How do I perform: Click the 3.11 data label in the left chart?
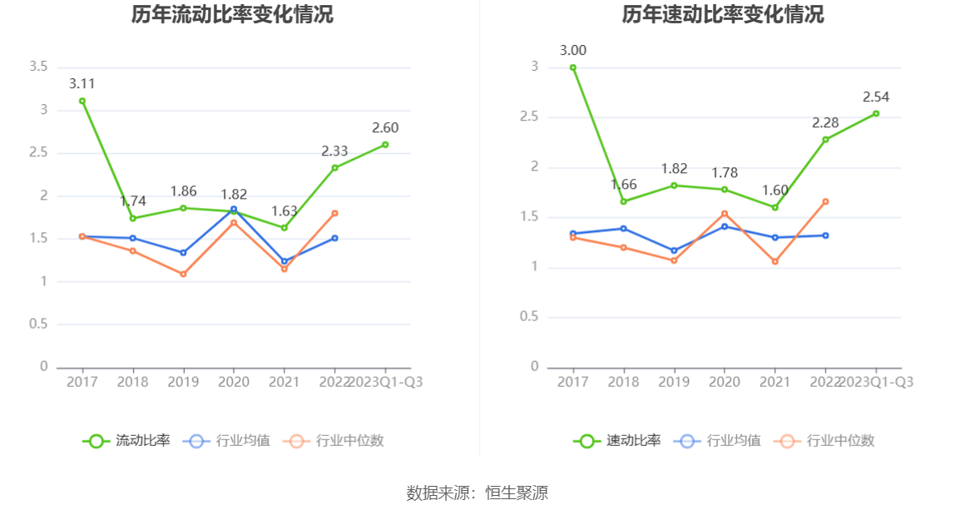pos(82,83)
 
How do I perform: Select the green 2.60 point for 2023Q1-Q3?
pos(385,145)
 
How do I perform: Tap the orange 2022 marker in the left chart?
pos(334,213)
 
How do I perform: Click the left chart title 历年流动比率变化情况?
pos(232,15)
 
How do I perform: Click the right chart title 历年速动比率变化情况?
pos(723,15)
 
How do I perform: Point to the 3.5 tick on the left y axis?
pos(37,67)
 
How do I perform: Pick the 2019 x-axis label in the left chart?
pos(183,382)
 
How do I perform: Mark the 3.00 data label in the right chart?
pos(572,50)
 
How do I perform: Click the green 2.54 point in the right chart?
pos(876,113)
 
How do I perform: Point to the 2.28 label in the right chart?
pos(825,123)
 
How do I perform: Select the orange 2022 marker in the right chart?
pos(825,201)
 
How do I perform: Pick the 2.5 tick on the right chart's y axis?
pos(529,117)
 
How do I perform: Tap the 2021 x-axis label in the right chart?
pos(774,382)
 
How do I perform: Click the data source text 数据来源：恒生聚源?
pos(477,493)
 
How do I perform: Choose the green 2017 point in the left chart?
pos(82,101)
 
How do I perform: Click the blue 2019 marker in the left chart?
pos(183,252)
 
